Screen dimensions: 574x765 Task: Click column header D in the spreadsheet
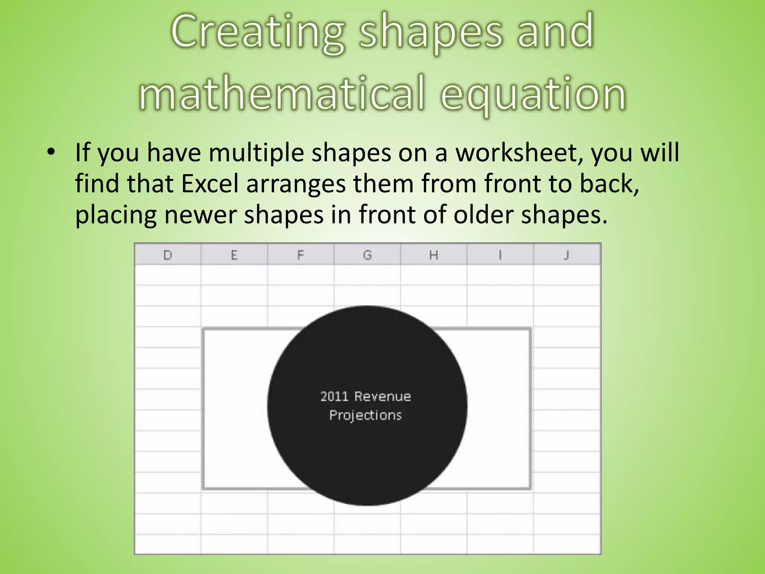click(168, 255)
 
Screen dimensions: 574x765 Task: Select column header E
click(234, 255)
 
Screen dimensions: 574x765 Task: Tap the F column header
click(300, 255)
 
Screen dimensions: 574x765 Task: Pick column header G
click(367, 255)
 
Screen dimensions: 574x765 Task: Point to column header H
click(433, 255)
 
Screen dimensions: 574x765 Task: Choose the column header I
click(500, 255)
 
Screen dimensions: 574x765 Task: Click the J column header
click(567, 255)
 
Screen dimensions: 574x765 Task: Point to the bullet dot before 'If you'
click(51, 152)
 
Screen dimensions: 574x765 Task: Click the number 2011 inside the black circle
click(334, 396)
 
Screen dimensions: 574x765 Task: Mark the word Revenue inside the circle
click(382, 396)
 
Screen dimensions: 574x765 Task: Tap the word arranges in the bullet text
click(296, 185)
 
